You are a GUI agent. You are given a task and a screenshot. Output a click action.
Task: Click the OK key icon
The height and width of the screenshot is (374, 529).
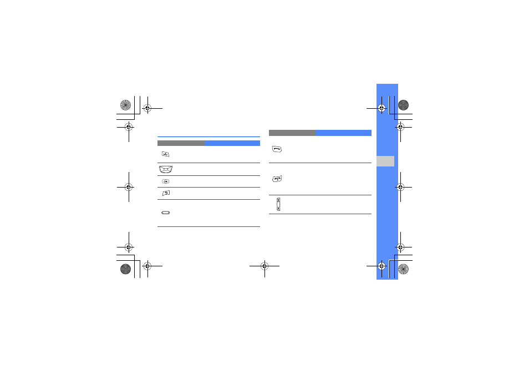click(165, 181)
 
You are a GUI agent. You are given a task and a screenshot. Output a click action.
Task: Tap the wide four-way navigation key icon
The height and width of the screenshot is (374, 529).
click(166, 169)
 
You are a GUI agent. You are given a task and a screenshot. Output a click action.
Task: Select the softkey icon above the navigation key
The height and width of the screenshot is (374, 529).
click(165, 154)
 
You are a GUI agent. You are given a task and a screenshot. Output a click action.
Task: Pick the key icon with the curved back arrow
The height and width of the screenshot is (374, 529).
click(166, 193)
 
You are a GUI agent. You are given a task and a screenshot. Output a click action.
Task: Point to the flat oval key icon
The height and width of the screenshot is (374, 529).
click(166, 213)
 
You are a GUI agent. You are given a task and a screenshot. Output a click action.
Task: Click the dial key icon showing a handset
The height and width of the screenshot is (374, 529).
click(277, 149)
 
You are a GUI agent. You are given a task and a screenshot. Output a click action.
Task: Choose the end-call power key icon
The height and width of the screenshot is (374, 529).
click(277, 179)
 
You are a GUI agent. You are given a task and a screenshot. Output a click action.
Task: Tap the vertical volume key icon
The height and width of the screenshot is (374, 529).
click(278, 204)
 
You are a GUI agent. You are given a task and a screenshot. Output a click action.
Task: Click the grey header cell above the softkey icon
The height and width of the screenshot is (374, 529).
click(181, 143)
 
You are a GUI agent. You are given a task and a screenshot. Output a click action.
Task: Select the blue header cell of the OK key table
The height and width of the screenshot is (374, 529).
click(232, 143)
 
